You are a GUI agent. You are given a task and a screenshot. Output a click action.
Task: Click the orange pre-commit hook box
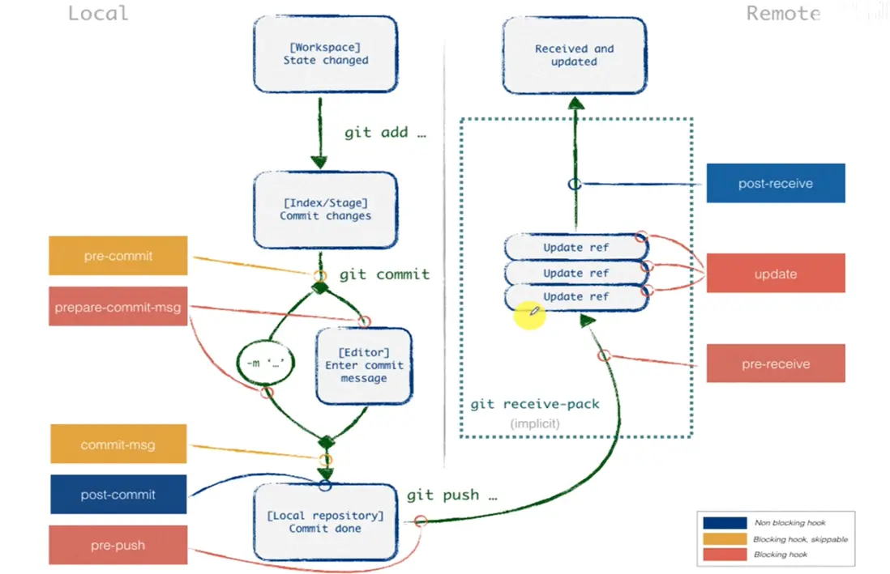[x=118, y=256]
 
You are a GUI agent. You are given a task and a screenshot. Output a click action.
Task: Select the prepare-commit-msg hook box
[x=118, y=307]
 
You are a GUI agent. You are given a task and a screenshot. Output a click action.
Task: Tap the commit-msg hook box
[x=118, y=444]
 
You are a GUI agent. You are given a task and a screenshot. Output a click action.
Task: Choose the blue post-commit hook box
[x=118, y=495]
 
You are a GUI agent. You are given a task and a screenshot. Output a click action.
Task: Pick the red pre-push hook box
[x=118, y=545]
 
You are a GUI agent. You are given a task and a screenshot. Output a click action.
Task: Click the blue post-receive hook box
[x=776, y=184]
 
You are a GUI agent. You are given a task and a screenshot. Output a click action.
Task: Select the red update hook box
[x=776, y=274]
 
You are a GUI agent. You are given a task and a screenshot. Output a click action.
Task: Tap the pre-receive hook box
[x=776, y=364]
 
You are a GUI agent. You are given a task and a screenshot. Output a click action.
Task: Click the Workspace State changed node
[x=326, y=54]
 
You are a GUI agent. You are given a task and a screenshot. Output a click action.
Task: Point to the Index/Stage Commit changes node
[x=326, y=210]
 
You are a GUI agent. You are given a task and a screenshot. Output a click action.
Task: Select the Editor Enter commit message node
[x=364, y=365]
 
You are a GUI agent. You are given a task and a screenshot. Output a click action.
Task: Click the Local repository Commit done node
[x=326, y=522]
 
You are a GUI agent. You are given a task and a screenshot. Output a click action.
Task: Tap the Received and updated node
[x=575, y=55]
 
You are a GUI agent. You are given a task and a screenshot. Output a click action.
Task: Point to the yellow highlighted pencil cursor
[x=529, y=314]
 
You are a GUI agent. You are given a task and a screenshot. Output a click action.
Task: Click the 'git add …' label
[x=385, y=133]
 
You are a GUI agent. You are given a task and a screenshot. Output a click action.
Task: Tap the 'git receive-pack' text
[x=535, y=404]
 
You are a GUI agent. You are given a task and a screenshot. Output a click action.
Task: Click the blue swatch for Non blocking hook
[x=725, y=523]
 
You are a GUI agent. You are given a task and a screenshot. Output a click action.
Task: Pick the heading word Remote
[x=783, y=13]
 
